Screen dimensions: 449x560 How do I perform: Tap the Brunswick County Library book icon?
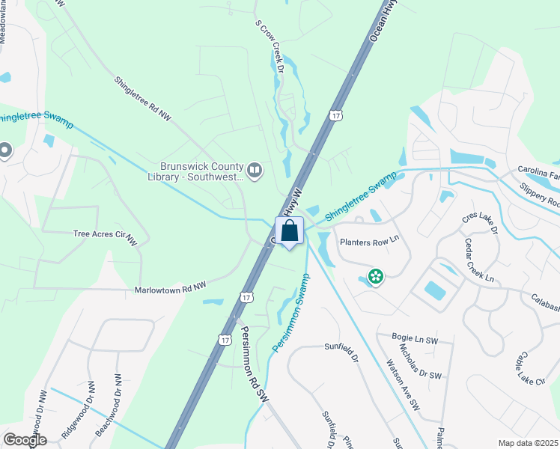[255, 171]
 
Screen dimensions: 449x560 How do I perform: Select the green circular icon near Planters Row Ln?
[375, 278]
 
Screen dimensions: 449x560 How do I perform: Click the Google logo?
[25, 440]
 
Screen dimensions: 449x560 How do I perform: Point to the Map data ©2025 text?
[527, 443]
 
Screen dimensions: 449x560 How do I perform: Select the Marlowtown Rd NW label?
[169, 288]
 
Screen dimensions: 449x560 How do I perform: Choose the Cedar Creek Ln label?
[480, 261]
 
